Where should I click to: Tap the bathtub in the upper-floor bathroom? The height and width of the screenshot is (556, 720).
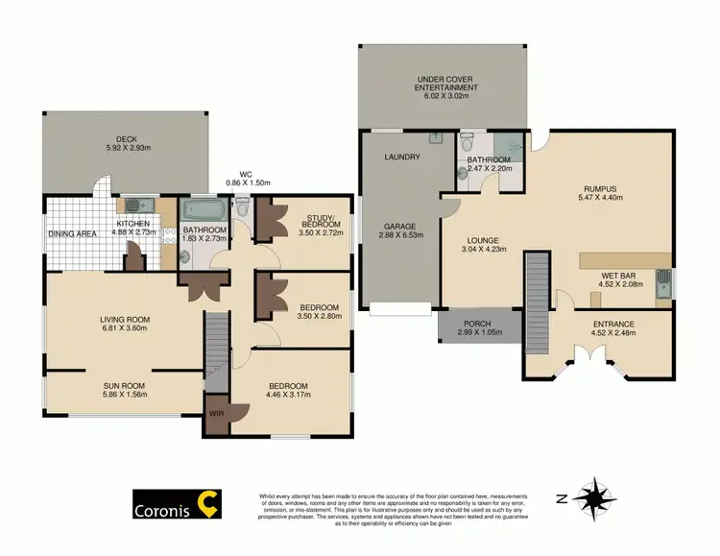[x=202, y=209]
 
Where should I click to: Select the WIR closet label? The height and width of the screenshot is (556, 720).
[x=216, y=415]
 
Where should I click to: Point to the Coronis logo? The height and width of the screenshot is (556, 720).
[x=177, y=503]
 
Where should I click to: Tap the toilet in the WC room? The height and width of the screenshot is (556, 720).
[x=242, y=206]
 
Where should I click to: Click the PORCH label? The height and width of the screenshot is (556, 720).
[x=477, y=323]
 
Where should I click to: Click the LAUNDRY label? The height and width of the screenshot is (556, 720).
[x=401, y=157]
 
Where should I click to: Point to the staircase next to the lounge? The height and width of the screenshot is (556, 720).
[x=535, y=292]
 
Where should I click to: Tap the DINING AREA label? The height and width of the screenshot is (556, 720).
[x=73, y=233]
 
